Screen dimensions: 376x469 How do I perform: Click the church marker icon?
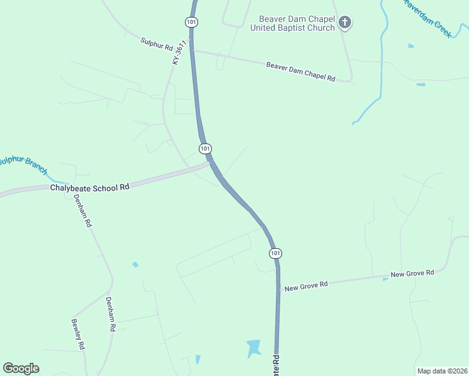344,23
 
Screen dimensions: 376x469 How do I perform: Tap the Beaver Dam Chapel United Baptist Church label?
293,23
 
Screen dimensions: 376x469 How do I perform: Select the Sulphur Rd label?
157,44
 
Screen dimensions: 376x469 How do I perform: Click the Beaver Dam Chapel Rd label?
301,71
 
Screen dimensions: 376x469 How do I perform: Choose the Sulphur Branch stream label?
23,164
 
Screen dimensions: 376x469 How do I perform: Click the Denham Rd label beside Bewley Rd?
111,313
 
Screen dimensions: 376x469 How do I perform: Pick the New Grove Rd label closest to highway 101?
306,286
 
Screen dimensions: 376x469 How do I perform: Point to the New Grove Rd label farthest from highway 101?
412,273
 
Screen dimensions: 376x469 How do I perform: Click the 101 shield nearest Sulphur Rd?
191,22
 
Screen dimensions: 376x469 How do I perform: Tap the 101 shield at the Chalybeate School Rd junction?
205,149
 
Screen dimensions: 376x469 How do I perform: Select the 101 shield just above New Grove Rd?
275,253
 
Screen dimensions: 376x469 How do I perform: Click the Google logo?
21,368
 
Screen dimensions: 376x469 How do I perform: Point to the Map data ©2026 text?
442,371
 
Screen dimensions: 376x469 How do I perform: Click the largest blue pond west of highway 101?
253,348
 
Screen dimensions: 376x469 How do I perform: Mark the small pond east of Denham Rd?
135,264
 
